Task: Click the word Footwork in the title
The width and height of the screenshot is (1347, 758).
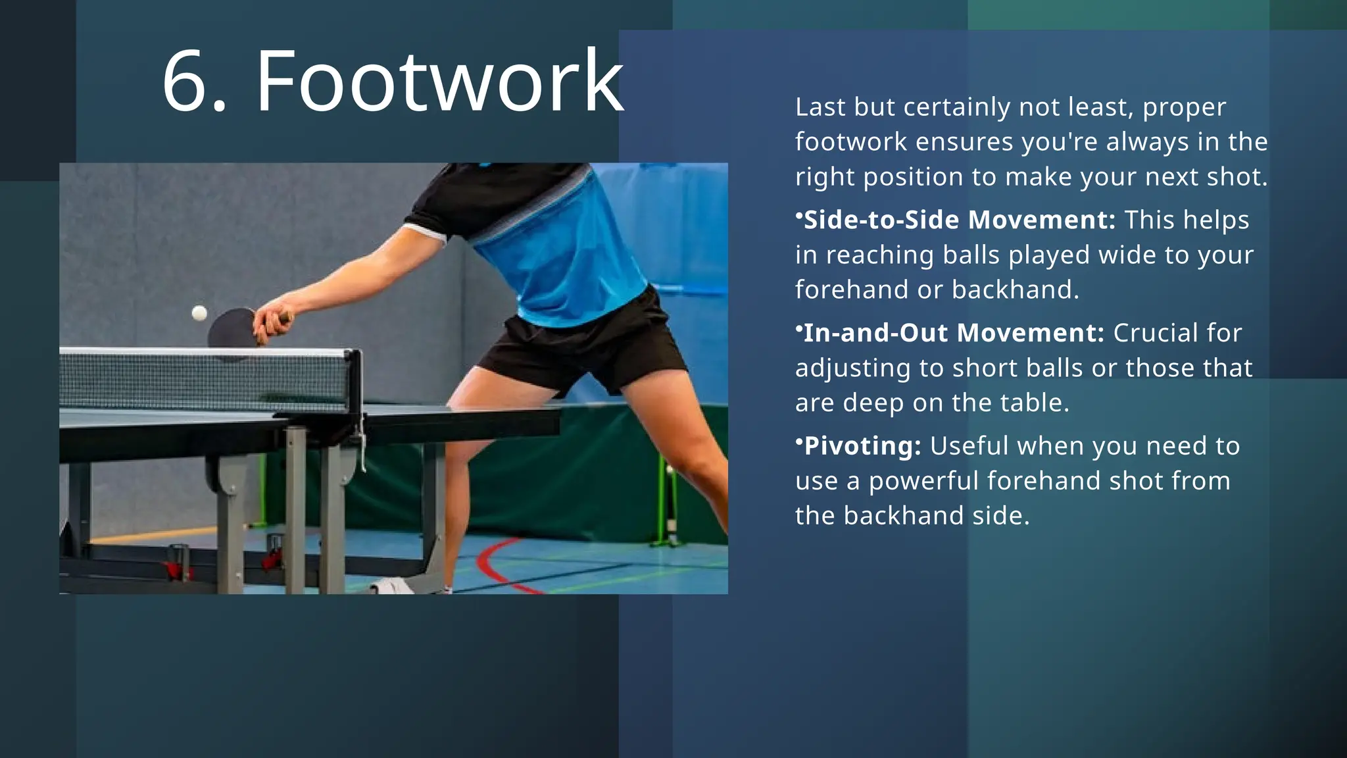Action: pyautogui.click(x=439, y=82)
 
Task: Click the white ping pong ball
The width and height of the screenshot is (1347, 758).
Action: pyautogui.click(x=199, y=313)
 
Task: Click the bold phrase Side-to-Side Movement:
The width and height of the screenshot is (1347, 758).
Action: pyautogui.click(x=960, y=220)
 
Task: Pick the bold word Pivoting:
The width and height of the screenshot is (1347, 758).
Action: pyautogui.click(x=862, y=446)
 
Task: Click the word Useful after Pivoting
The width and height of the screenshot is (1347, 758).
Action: pyautogui.click(x=969, y=446)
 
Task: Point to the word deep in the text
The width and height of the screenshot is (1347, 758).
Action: pyautogui.click(x=871, y=403)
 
